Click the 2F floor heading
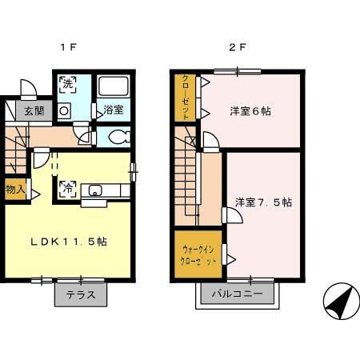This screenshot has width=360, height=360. pyautogui.click(x=238, y=47)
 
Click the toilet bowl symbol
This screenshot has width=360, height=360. pyautogui.click(x=116, y=136)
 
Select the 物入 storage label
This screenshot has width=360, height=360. pyautogui.click(x=14, y=190)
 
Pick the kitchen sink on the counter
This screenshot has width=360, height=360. pyautogui.click(x=96, y=190)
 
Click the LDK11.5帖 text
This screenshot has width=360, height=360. pyautogui.click(x=69, y=241)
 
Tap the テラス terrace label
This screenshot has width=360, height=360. pyautogui.click(x=80, y=294)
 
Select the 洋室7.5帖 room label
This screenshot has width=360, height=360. pyautogui.click(x=262, y=202)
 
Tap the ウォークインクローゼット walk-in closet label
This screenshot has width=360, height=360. pyautogui.click(x=197, y=255)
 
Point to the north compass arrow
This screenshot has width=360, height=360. pyautogui.click(x=341, y=304)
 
